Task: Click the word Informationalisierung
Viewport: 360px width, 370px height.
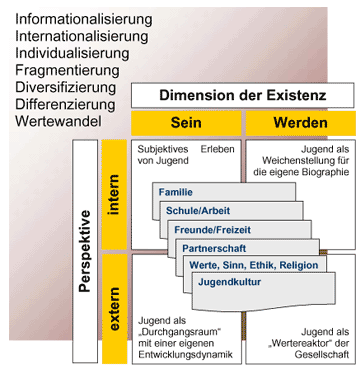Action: (84, 19)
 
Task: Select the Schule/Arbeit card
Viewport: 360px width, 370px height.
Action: (197, 211)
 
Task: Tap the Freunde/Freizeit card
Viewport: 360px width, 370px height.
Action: (211, 230)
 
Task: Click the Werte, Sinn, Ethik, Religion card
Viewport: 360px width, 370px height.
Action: (252, 265)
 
